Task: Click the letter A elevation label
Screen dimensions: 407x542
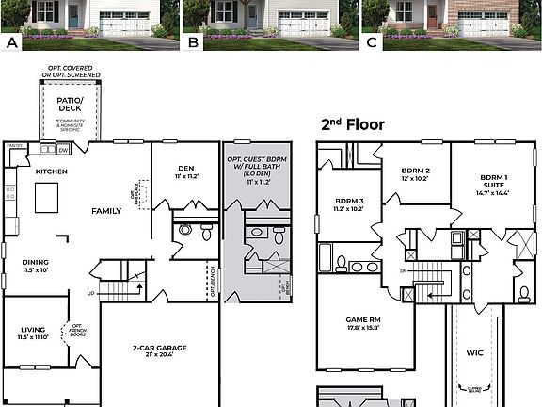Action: click(x=12, y=43)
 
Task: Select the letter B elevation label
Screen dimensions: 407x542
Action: click(x=193, y=43)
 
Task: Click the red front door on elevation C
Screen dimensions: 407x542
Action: click(x=432, y=16)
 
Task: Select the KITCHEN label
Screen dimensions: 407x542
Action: click(x=52, y=171)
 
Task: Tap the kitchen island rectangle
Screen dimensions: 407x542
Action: click(x=46, y=197)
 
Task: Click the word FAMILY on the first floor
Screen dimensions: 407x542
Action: click(x=105, y=211)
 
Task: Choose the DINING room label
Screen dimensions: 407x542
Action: click(x=36, y=264)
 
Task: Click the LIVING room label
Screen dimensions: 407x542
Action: click(x=33, y=330)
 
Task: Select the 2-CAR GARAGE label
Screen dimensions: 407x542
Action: click(x=159, y=348)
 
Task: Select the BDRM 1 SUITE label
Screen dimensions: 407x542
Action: click(x=494, y=182)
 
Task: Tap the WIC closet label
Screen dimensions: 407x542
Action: click(x=474, y=353)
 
